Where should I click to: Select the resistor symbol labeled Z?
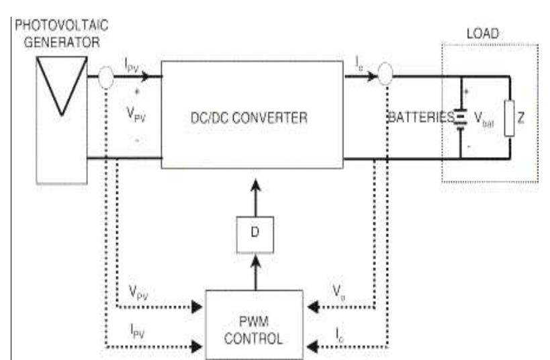point(510,119)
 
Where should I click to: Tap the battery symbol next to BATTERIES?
point(461,119)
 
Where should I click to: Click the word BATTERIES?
point(420,118)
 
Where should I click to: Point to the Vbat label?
point(482,120)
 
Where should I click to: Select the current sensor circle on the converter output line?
point(385,75)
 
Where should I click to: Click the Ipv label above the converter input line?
point(132,65)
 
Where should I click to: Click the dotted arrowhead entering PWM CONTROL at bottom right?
point(312,347)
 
